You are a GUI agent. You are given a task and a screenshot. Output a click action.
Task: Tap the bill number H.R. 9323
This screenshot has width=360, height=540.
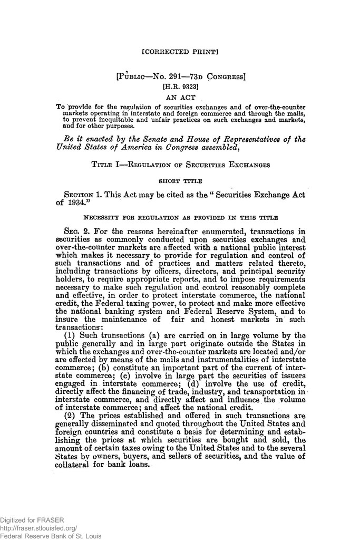point(180,87)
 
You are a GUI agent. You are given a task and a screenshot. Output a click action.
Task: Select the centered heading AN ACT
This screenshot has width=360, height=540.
point(180,97)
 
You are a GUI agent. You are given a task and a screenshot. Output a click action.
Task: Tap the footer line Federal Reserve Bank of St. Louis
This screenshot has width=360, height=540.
point(51,535)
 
